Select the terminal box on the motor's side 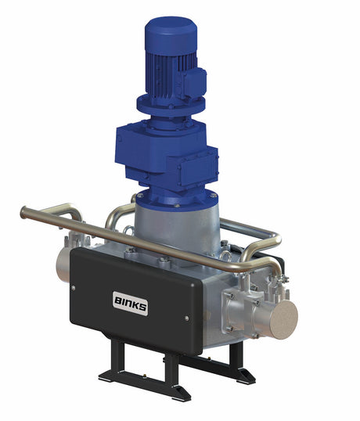(196, 81)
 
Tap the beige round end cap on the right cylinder (282, 318)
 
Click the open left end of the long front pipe (23, 211)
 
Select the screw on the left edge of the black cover (73, 287)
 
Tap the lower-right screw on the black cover (186, 318)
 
